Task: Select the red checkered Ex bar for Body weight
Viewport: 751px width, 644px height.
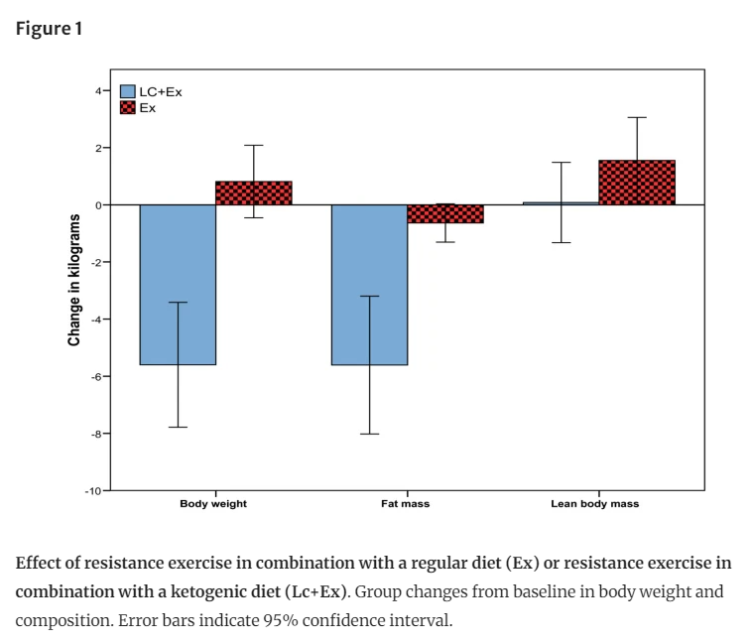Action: point(253,193)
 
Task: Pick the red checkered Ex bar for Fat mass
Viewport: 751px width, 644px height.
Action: point(445,213)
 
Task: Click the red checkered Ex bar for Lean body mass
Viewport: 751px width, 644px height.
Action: point(637,183)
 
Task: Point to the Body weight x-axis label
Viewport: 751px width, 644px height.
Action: point(213,504)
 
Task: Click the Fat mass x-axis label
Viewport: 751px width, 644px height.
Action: point(406,504)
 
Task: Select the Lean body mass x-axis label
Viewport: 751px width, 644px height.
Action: point(595,504)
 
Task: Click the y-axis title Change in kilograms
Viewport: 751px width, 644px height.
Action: point(74,280)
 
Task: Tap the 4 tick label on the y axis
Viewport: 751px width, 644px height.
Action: point(98,90)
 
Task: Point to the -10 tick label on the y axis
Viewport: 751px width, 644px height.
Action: point(93,491)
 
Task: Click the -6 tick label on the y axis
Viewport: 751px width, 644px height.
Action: point(96,377)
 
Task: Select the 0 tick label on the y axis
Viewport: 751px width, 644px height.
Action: point(98,205)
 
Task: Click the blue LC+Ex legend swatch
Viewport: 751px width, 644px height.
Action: point(128,91)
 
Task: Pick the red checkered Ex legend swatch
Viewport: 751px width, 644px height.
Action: point(128,107)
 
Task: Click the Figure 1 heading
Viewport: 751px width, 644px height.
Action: point(49,29)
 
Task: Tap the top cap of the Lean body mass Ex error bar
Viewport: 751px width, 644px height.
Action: point(637,117)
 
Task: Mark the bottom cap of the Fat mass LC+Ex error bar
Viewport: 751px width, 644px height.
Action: point(369,434)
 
